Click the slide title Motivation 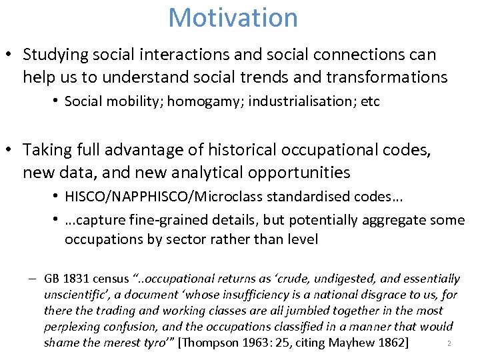[233, 17]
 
